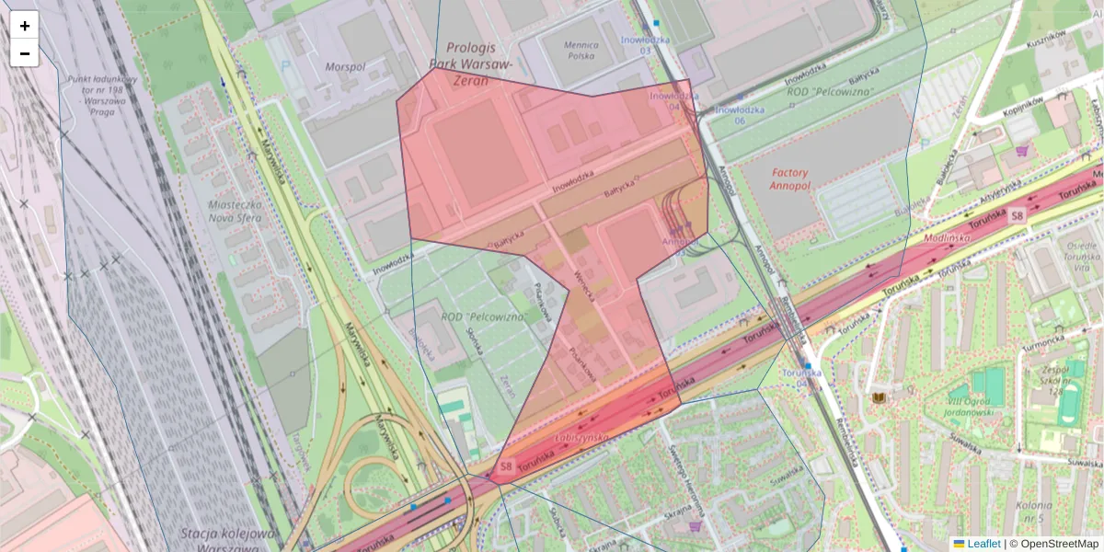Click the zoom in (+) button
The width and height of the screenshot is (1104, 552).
click(25, 26)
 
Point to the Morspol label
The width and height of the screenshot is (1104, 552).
click(345, 67)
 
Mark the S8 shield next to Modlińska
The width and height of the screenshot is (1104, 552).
click(1016, 215)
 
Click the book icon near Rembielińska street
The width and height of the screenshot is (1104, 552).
click(879, 397)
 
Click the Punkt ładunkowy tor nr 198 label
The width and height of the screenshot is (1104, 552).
click(102, 96)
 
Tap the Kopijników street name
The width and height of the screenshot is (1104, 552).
click(1024, 101)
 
